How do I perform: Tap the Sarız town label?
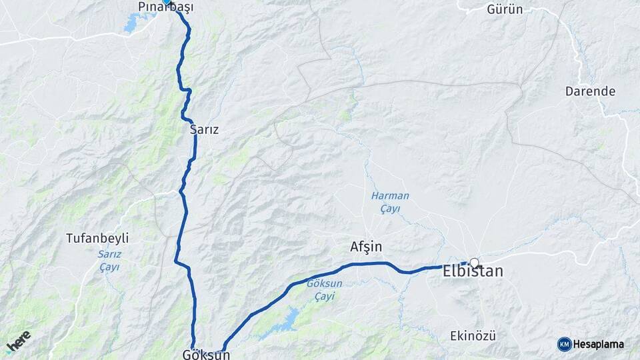(x=204, y=130)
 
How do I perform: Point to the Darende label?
(x=590, y=91)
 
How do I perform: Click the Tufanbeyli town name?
(x=97, y=238)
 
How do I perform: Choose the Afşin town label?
(x=366, y=247)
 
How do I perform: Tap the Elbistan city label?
(x=473, y=272)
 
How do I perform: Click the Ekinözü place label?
(x=473, y=335)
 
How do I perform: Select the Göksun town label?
(x=206, y=355)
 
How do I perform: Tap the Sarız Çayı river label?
(x=108, y=261)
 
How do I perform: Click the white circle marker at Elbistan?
(x=475, y=263)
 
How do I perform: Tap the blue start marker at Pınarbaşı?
(x=166, y=2)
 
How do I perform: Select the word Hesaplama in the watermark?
(x=598, y=344)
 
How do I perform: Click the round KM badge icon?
(x=564, y=344)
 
